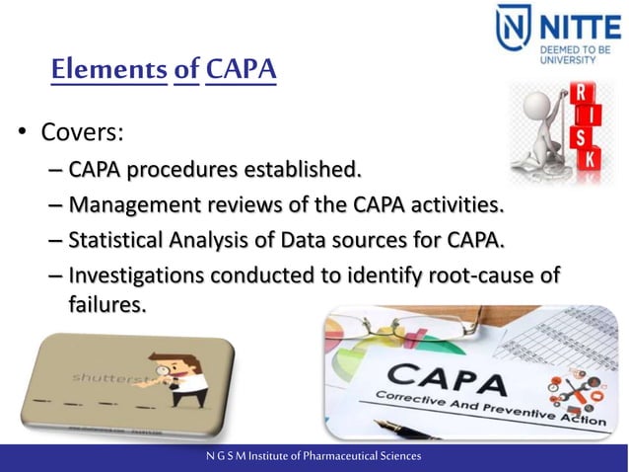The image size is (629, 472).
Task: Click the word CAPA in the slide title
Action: (x=241, y=70)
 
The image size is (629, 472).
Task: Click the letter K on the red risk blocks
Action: (x=590, y=158)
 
